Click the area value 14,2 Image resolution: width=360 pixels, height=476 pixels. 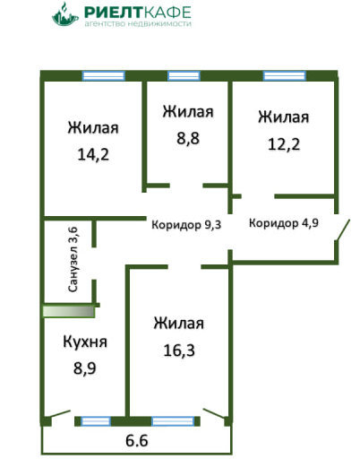point(93,154)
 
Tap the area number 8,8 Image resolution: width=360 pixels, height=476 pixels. point(188,138)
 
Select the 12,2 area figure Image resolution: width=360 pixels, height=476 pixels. point(284,144)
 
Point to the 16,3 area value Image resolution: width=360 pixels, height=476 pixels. point(179,351)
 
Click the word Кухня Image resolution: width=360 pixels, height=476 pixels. point(85,342)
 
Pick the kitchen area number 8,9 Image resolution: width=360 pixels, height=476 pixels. point(85,368)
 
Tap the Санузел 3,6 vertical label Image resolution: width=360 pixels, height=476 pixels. point(73,260)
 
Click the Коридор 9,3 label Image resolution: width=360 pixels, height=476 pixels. point(186,225)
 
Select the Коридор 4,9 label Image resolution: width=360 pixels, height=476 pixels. point(284,223)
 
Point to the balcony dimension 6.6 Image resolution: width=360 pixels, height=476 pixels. point(137,440)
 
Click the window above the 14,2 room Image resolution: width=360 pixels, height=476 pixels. point(104,75)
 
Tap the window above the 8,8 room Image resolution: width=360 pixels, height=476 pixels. point(184,75)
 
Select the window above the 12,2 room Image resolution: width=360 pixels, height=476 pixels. point(285,75)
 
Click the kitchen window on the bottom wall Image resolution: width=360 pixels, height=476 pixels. point(96,421)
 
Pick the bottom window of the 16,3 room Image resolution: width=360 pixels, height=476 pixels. point(173,421)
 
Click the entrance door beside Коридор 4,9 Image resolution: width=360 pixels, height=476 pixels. point(342,230)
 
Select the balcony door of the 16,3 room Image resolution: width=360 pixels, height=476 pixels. point(215,414)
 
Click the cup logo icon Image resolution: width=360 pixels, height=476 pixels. point(65,14)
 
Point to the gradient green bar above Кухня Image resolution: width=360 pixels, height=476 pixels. point(69,312)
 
